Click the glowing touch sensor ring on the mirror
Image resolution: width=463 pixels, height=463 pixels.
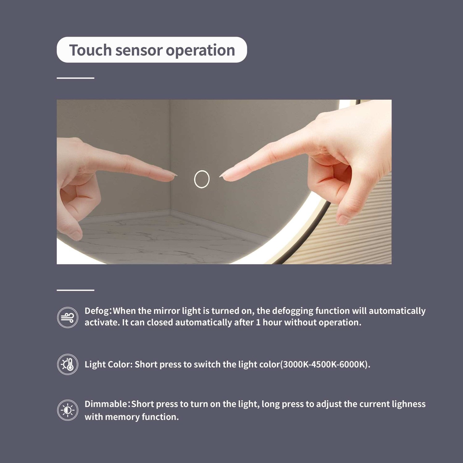click(x=194, y=179)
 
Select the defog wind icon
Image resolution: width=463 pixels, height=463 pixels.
click(x=68, y=317)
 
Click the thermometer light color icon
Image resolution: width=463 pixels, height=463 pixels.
click(x=68, y=364)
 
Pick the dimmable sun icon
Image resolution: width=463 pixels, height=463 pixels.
click(x=68, y=410)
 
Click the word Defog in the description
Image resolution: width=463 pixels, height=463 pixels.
click(x=97, y=311)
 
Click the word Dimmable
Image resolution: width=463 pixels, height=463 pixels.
click(x=106, y=404)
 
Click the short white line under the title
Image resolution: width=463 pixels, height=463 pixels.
click(x=75, y=78)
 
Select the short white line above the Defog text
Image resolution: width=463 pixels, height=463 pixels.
click(x=75, y=290)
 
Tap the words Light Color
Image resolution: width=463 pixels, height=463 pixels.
click(x=108, y=365)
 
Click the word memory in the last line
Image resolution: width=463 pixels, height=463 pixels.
click(x=122, y=417)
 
